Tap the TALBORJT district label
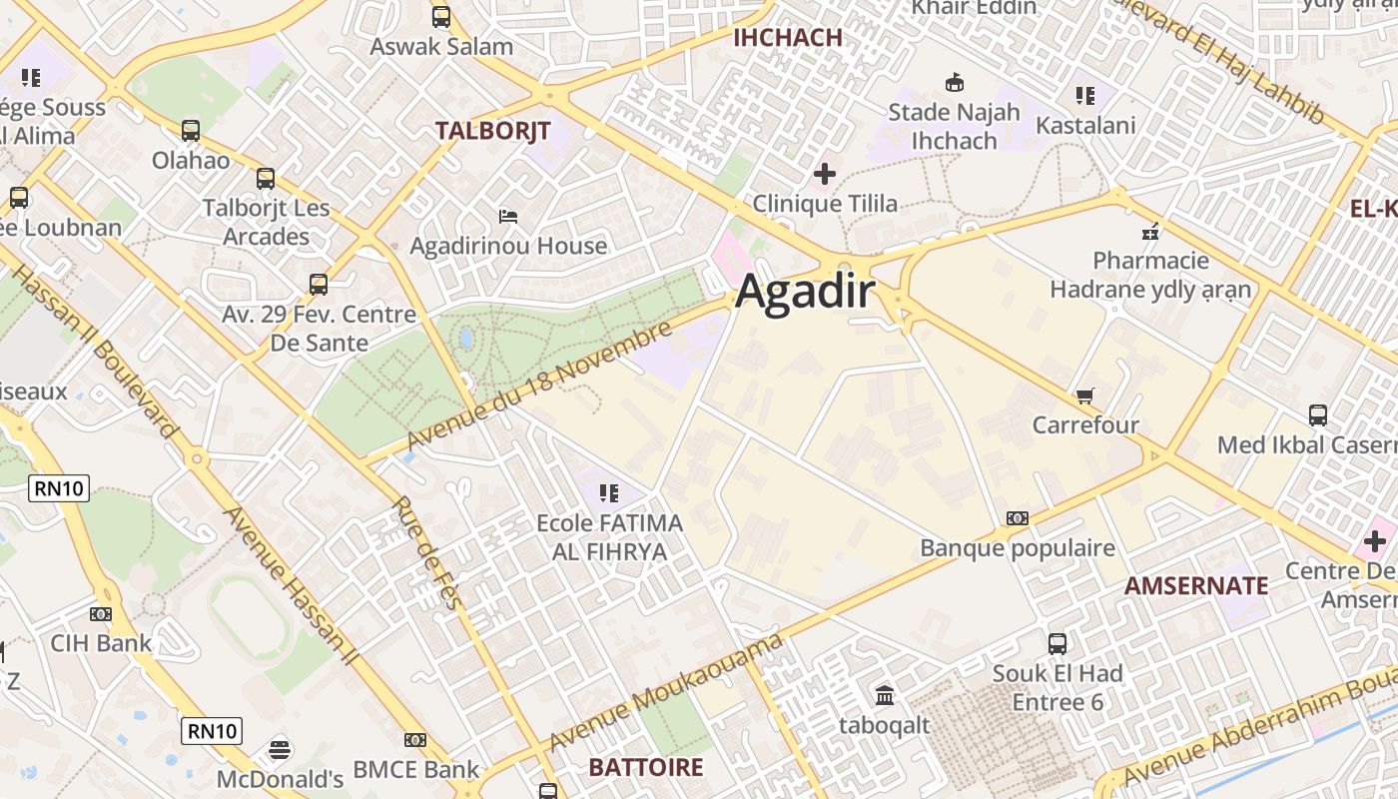pyautogui.click(x=492, y=130)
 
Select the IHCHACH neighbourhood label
pyautogui.click(x=788, y=38)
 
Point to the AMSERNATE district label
pyautogui.click(x=1196, y=585)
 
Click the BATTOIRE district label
pyautogui.click(x=646, y=767)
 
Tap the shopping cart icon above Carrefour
pyautogui.click(x=1085, y=397)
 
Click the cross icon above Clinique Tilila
pyautogui.click(x=825, y=175)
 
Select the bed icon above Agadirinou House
pyautogui.click(x=508, y=217)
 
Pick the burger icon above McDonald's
pyautogui.click(x=280, y=749)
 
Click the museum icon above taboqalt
pyautogui.click(x=885, y=695)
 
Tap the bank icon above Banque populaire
pyautogui.click(x=1018, y=518)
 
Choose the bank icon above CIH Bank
pyautogui.click(x=101, y=614)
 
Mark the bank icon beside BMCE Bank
pyautogui.click(x=415, y=740)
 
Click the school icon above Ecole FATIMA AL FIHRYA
pyautogui.click(x=609, y=492)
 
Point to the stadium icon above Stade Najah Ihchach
pyautogui.click(x=955, y=82)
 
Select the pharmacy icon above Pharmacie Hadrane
pyautogui.click(x=1150, y=232)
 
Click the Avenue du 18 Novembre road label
pyautogui.click(x=538, y=387)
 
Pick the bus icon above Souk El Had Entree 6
pyautogui.click(x=1057, y=644)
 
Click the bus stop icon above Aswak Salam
pyautogui.click(x=441, y=17)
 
